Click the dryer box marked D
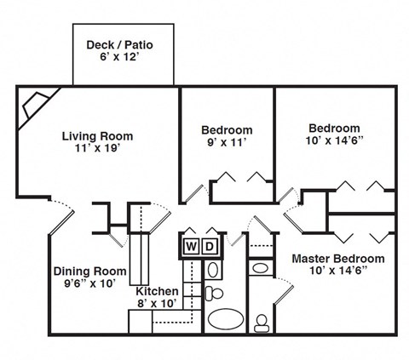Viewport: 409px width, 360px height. (210, 248)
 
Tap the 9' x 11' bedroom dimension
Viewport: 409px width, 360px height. (227, 144)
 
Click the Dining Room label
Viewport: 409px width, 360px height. (90, 271)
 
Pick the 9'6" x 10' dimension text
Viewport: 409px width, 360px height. (90, 284)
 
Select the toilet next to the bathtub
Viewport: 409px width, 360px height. (215, 294)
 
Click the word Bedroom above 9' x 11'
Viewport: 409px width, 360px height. (227, 130)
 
